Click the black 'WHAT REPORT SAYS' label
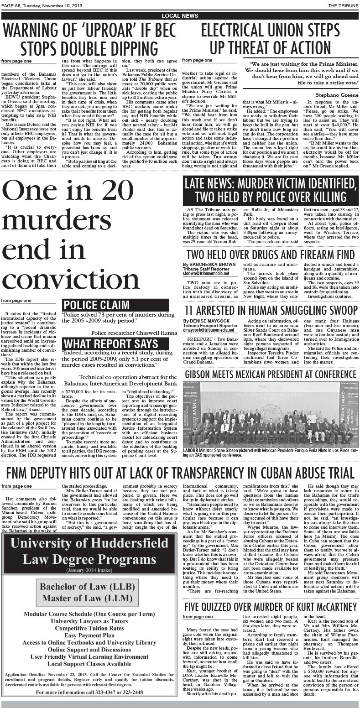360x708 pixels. pyautogui.click(x=111, y=344)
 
